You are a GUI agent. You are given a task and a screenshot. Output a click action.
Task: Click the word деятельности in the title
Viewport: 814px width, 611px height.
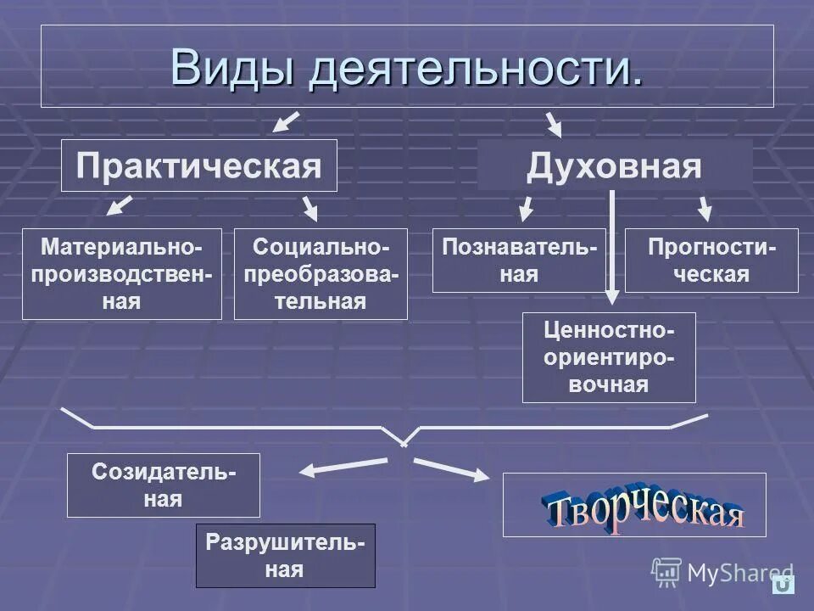coord(475,68)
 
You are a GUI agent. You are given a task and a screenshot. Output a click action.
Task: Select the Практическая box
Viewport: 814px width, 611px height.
coord(199,165)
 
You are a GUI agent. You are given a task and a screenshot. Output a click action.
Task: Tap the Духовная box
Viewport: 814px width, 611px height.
coord(615,165)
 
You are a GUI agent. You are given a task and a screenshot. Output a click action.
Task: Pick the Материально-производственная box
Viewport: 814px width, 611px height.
coord(122,273)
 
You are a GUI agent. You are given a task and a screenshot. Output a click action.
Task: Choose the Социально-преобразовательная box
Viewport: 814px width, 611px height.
coord(321,273)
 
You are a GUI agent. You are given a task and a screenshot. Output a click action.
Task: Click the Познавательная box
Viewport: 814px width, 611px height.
coord(519,260)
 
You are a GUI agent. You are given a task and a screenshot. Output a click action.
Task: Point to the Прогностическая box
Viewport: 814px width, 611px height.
coord(711,260)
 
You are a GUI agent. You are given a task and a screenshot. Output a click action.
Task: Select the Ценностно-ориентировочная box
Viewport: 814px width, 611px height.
coord(609,356)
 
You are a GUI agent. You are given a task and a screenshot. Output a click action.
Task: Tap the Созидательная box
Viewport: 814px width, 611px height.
coord(164,485)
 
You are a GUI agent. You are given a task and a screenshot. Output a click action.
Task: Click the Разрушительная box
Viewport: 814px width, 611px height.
coord(285,555)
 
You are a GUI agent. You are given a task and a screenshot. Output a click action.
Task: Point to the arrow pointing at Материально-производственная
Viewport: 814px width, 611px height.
coord(121,205)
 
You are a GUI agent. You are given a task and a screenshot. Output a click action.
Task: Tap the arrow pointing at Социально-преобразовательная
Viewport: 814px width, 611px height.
coord(310,208)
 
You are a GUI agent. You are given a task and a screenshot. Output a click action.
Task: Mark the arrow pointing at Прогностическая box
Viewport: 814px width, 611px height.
coord(705,208)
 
